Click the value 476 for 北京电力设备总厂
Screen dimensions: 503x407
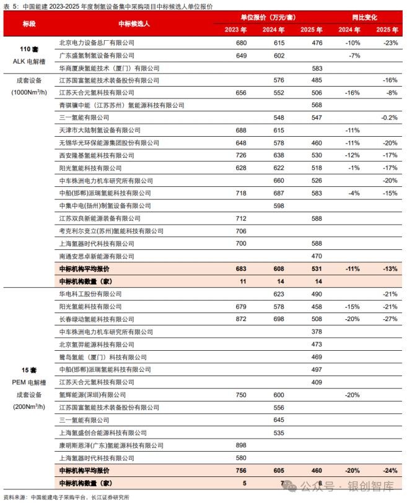pos(317,43)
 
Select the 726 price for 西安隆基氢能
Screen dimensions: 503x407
pos(241,155)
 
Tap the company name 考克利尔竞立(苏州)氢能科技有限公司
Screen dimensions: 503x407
pos(111,231)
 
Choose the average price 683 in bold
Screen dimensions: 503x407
pos(241,269)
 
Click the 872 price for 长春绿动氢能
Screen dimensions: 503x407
pos(241,319)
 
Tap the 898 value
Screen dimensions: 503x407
pos(241,445)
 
